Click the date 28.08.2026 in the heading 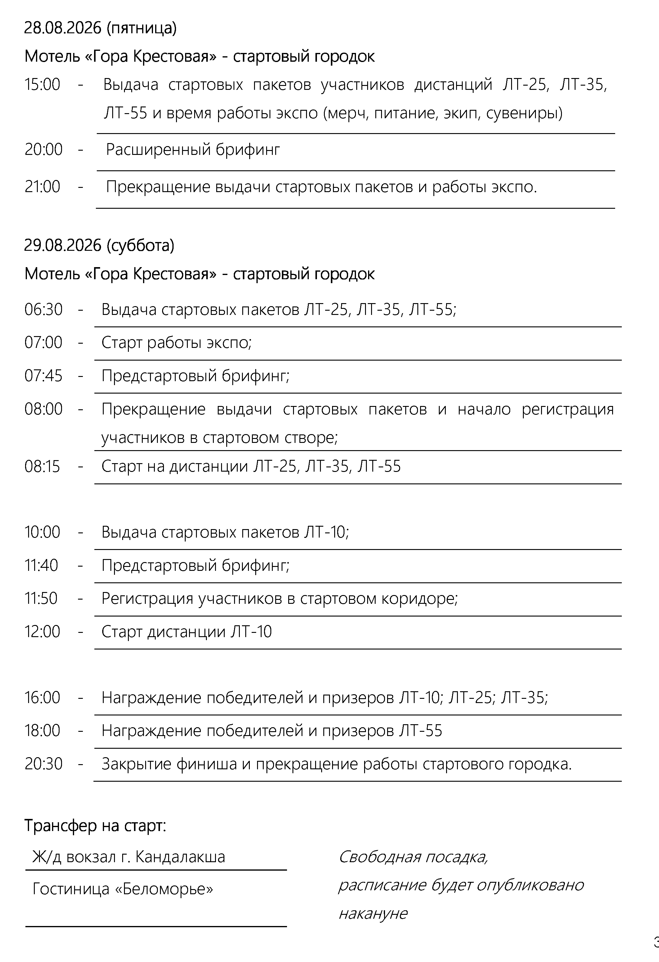point(63,28)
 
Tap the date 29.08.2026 point(63,245)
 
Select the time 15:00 point(42,85)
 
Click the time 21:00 point(42,187)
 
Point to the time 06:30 point(44,310)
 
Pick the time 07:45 point(44,376)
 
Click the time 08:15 point(42,466)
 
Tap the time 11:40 point(41,565)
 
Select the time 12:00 point(42,632)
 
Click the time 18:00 point(42,731)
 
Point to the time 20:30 point(44,764)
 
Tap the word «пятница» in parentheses point(142,28)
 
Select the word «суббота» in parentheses point(140,245)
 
